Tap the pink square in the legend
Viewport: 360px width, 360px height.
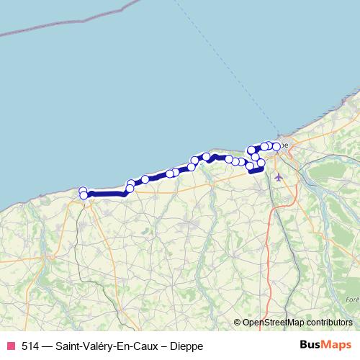click(x=10, y=346)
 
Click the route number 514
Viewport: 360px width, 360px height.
click(x=30, y=346)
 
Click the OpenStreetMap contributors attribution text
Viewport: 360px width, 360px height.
click(x=297, y=323)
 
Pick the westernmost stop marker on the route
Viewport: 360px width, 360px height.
click(x=83, y=191)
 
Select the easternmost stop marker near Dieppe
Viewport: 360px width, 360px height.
click(x=276, y=147)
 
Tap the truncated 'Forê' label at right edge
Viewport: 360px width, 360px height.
click(x=351, y=300)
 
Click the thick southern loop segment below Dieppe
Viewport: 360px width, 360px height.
click(x=256, y=171)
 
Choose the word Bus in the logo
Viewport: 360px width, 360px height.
click(x=311, y=346)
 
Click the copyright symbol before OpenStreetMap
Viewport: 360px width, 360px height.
click(x=238, y=323)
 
